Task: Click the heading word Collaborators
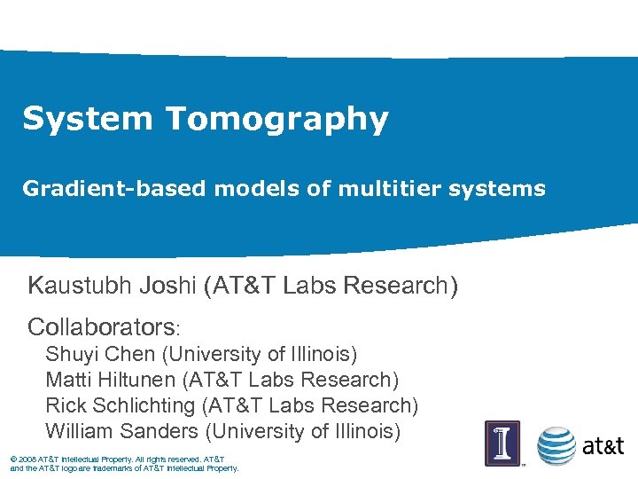click(101, 326)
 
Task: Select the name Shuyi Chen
click(100, 355)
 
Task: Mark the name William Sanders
click(122, 432)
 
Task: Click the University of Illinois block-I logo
click(502, 443)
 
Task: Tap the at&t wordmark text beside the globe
click(603, 446)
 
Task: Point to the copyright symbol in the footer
click(12, 459)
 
